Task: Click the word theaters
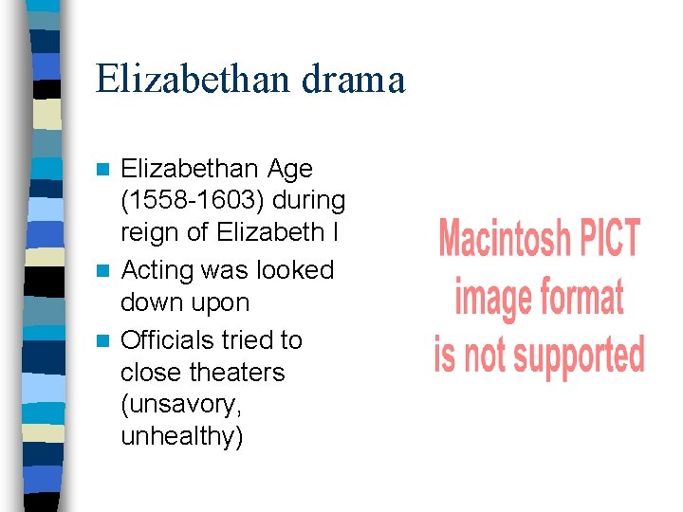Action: [237, 372]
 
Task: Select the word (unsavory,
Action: [181, 405]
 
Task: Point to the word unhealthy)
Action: [182, 438]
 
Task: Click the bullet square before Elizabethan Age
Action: [106, 171]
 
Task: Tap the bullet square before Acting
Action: [106, 272]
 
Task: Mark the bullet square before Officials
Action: [106, 340]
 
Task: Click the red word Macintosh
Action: [503, 239]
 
